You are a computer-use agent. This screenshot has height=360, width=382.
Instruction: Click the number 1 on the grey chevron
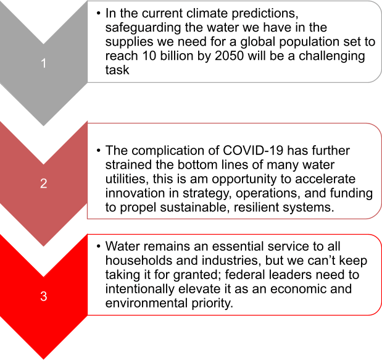pyautogui.click(x=44, y=64)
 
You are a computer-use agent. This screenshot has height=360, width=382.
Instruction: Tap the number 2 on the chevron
pyautogui.click(x=44, y=183)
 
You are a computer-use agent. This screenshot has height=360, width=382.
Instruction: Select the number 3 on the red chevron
pyautogui.click(x=44, y=296)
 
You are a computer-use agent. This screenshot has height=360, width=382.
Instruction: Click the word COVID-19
pyautogui.click(x=253, y=151)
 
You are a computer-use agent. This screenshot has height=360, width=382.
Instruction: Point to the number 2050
pyautogui.click(x=229, y=56)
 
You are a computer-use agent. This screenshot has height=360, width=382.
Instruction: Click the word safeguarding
pyautogui.click(x=143, y=28)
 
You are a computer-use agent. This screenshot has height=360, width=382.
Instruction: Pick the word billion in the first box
pyautogui.click(x=176, y=56)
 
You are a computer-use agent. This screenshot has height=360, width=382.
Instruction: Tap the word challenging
pyautogui.click(x=332, y=56)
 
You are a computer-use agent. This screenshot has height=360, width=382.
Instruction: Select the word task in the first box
pyautogui.click(x=117, y=70)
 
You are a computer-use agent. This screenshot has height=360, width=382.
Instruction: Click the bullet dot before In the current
pyautogui.click(x=98, y=13)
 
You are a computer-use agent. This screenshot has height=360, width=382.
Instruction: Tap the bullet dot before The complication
pyautogui.click(x=98, y=151)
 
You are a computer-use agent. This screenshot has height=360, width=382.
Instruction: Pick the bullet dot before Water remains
pyautogui.click(x=98, y=246)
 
